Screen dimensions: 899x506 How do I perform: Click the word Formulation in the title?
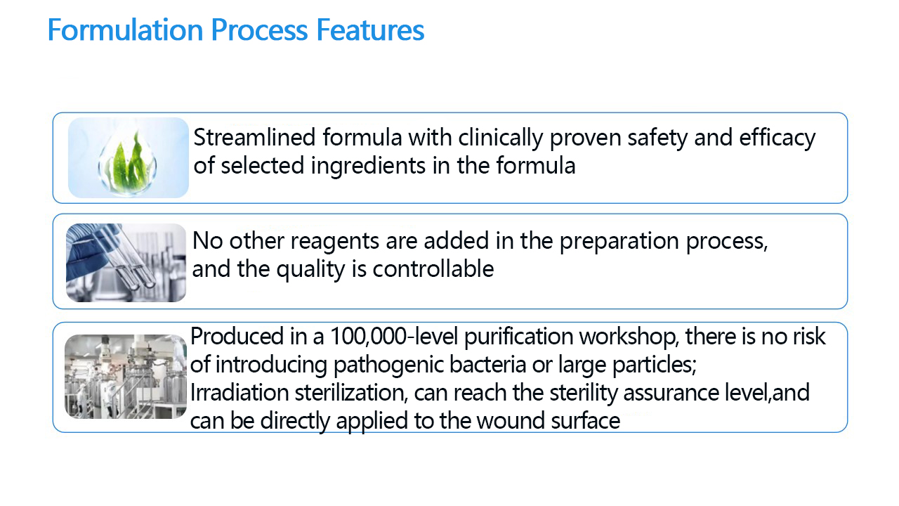click(x=126, y=30)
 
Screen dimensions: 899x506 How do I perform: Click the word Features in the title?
click(x=370, y=30)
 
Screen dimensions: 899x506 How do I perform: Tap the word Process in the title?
click(x=259, y=30)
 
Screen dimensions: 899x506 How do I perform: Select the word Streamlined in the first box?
click(x=254, y=137)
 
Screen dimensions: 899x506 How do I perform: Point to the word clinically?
click(x=500, y=138)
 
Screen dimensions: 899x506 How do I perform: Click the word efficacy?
click(x=777, y=138)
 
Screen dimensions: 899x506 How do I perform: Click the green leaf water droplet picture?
click(x=129, y=157)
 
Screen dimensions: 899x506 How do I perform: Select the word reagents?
click(x=334, y=242)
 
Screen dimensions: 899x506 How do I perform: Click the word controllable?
click(x=433, y=268)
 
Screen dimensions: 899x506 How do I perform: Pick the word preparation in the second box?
click(x=619, y=242)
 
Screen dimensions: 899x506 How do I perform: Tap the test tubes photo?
click(x=126, y=263)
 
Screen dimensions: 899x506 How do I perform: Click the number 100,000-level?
click(x=394, y=337)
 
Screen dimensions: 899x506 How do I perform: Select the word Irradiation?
click(x=239, y=393)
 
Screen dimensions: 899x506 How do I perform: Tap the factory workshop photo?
click(x=126, y=377)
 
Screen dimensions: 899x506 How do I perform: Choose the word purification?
click(x=518, y=337)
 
